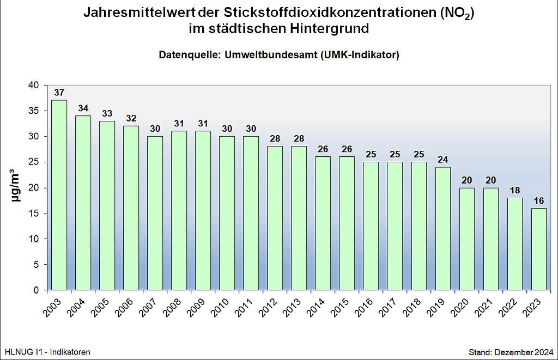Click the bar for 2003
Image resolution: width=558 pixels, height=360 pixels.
59,195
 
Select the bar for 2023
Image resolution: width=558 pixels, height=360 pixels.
538,249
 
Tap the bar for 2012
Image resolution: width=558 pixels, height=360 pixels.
275,218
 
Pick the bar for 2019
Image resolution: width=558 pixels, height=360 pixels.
442,228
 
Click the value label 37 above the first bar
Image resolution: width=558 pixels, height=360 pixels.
59,92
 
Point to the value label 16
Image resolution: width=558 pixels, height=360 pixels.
538,200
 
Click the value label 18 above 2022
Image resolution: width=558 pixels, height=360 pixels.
514,190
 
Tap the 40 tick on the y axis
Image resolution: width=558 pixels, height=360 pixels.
34,86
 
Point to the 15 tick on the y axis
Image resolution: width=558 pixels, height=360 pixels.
34,213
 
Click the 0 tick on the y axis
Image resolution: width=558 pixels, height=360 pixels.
37,290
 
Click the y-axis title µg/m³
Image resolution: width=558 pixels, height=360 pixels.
17,187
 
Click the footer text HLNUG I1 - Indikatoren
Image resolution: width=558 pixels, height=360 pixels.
47,352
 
